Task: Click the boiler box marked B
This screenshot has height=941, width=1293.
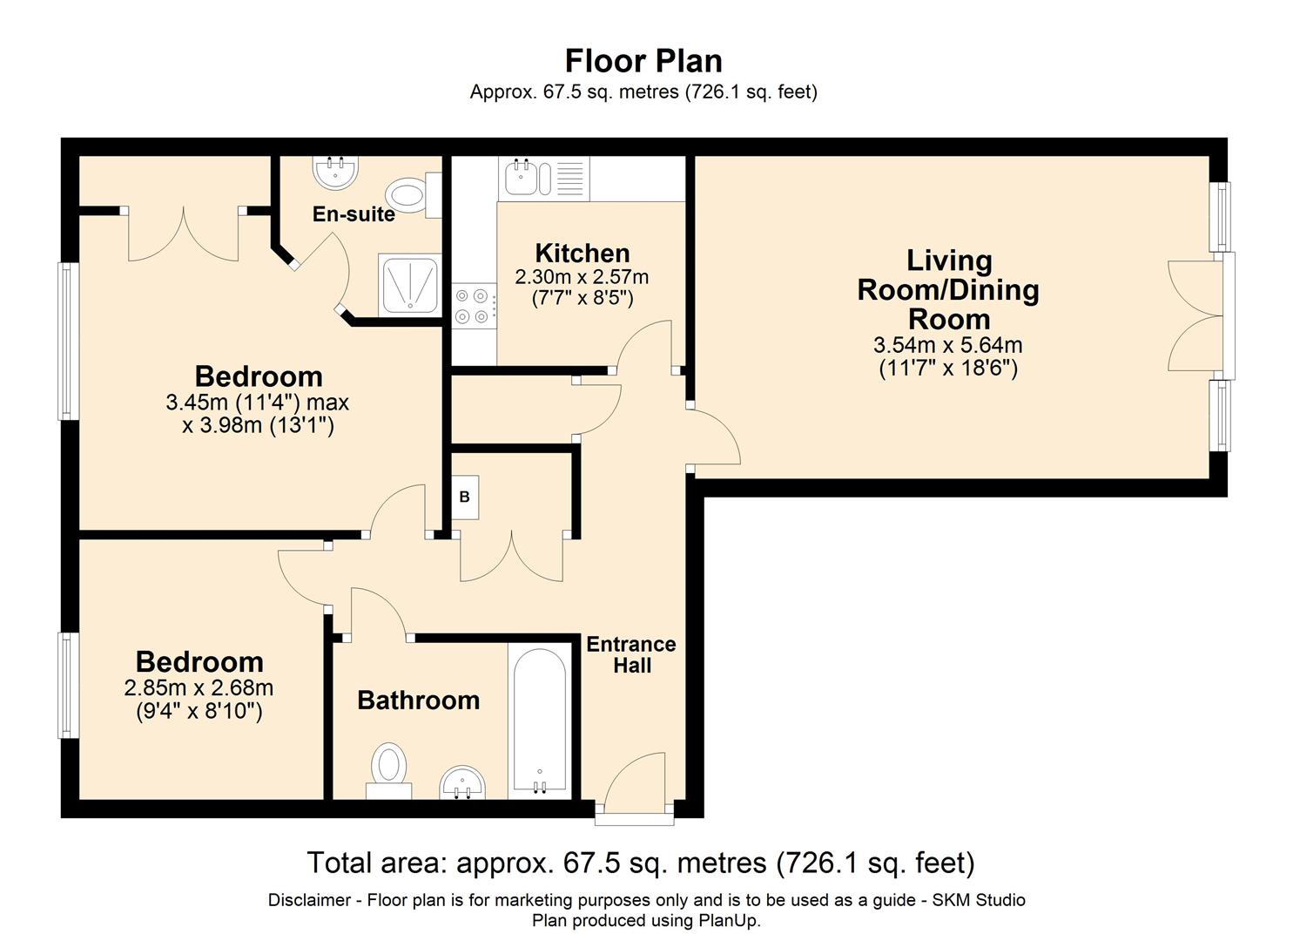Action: pos(465,497)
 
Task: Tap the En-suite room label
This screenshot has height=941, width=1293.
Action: pos(354,214)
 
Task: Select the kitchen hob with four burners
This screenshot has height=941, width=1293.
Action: pos(474,306)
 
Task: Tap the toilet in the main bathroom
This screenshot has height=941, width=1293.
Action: pos(389,770)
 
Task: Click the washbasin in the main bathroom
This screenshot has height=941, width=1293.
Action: pos(462,782)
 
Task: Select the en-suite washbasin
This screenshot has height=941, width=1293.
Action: pos(336,173)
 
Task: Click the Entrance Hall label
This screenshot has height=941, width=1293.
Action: pos(631,654)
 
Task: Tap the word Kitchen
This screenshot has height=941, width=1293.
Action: pos(583,253)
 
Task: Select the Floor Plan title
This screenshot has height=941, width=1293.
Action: pos(643,61)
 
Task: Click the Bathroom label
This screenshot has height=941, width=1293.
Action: pos(419,701)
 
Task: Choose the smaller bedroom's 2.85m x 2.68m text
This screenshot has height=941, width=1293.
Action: pos(199,688)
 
